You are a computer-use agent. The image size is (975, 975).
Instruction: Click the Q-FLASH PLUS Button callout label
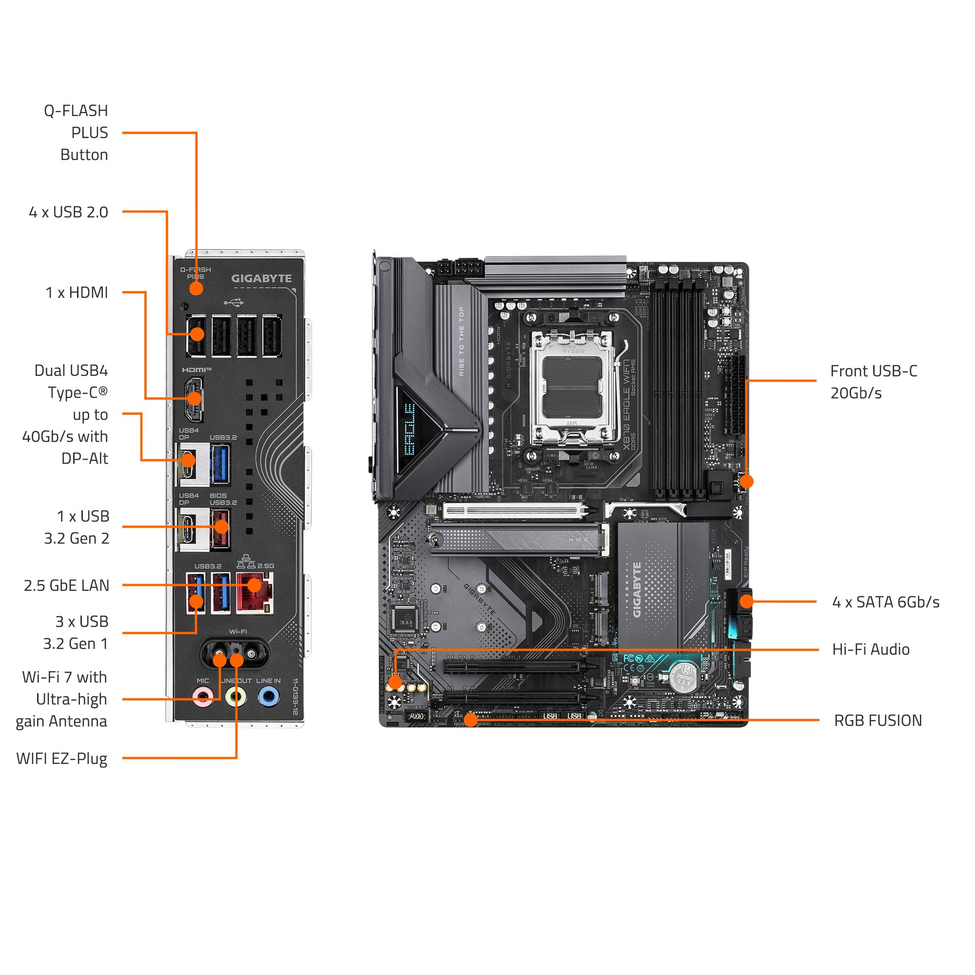pyautogui.click(x=76, y=132)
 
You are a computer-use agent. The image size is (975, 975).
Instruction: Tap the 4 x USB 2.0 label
pyautogui.click(x=69, y=212)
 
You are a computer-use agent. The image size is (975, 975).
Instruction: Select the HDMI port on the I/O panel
pyautogui.click(x=194, y=399)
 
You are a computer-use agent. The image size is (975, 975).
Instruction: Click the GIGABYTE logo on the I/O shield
pyautogui.click(x=261, y=278)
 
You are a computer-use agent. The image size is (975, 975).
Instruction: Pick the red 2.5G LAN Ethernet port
pyautogui.click(x=255, y=593)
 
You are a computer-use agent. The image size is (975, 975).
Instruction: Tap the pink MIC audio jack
pyautogui.click(x=203, y=698)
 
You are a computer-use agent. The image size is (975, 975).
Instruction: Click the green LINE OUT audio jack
pyautogui.click(x=235, y=698)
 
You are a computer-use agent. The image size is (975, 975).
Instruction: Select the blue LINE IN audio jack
pyautogui.click(x=269, y=698)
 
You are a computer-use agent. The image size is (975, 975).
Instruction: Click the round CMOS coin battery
pyautogui.click(x=683, y=677)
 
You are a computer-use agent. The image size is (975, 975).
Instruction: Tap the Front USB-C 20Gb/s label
pyautogui.click(x=873, y=382)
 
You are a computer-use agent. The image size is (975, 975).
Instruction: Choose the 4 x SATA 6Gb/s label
pyautogui.click(x=885, y=602)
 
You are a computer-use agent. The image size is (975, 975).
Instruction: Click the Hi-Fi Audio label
pyautogui.click(x=871, y=649)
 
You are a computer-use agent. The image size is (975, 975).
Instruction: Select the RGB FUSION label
pyautogui.click(x=877, y=720)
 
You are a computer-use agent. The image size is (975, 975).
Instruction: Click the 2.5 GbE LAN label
pyautogui.click(x=66, y=585)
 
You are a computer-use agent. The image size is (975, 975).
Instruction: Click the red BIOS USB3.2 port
pyautogui.click(x=220, y=528)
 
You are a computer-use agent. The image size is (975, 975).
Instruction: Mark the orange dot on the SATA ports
pyautogui.click(x=746, y=601)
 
